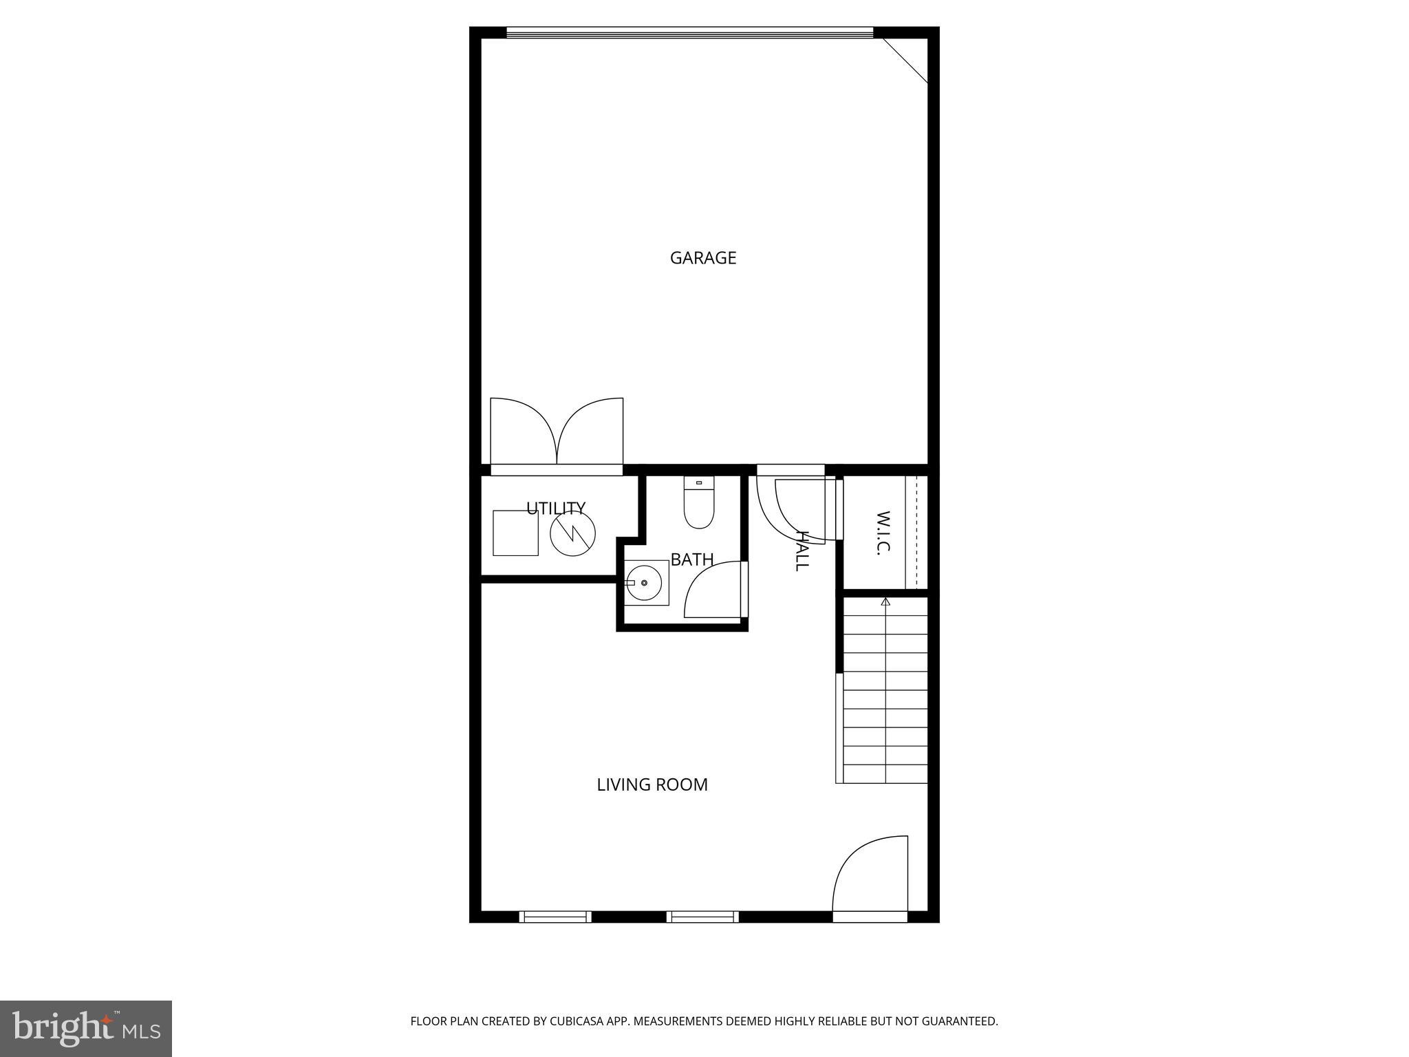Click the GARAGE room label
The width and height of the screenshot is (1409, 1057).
[x=702, y=258]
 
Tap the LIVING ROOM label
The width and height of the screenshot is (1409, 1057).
[x=652, y=784]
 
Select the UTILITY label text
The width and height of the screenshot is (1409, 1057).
[x=556, y=508]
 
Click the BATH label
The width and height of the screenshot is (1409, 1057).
[x=691, y=560]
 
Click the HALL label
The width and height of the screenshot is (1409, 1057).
[x=802, y=550]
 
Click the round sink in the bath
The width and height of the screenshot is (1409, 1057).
[x=645, y=583]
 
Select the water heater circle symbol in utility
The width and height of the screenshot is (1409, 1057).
[x=572, y=533]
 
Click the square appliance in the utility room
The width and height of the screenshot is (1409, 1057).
[x=515, y=533]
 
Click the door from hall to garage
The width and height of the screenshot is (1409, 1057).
[x=791, y=506]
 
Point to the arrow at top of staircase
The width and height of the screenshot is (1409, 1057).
[x=885, y=602]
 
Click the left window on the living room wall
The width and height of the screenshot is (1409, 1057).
[x=555, y=917]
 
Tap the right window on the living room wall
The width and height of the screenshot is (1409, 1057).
[x=702, y=917]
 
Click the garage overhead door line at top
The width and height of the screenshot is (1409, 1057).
[x=689, y=32]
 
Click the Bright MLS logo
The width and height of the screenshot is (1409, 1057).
[x=85, y=1028]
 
